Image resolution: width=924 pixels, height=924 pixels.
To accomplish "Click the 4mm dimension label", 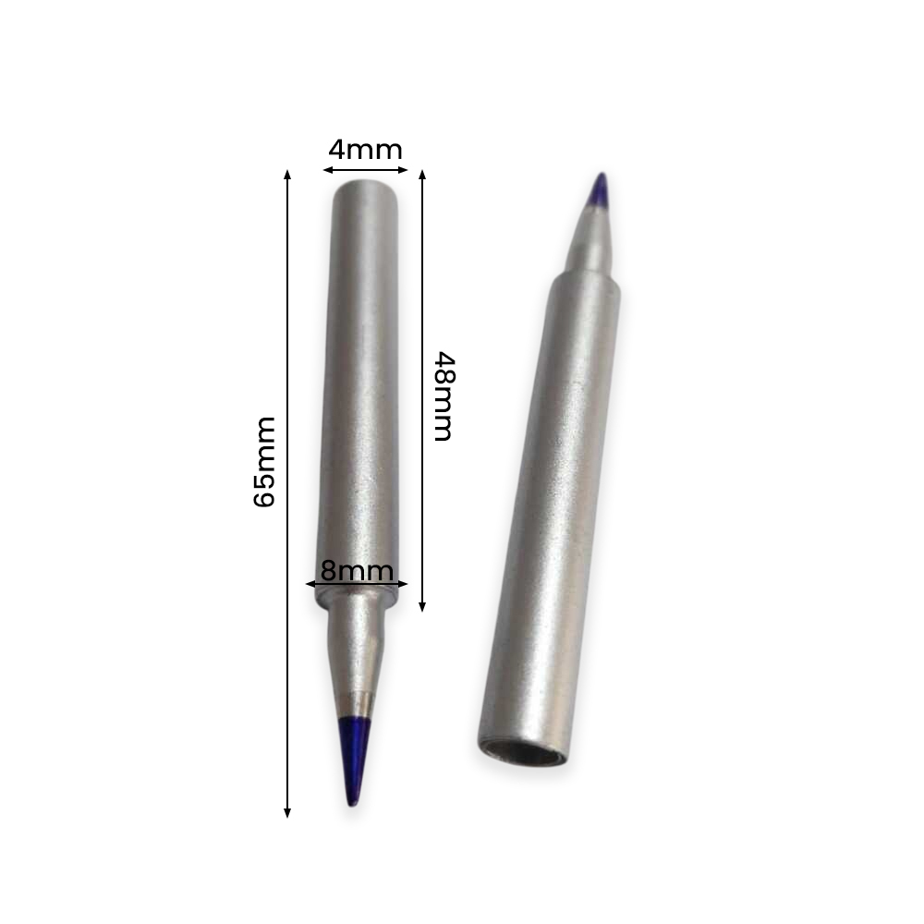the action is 365,150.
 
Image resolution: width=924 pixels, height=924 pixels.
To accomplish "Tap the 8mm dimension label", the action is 357,570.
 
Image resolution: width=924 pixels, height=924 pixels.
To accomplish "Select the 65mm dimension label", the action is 264,461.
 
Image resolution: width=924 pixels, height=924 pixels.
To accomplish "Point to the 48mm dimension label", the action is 444,396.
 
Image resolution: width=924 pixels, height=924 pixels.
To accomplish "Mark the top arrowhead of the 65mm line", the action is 287,175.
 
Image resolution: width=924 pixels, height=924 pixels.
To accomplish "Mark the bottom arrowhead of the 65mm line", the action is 287,812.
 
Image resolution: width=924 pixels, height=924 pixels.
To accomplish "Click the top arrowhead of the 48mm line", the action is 422,175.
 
